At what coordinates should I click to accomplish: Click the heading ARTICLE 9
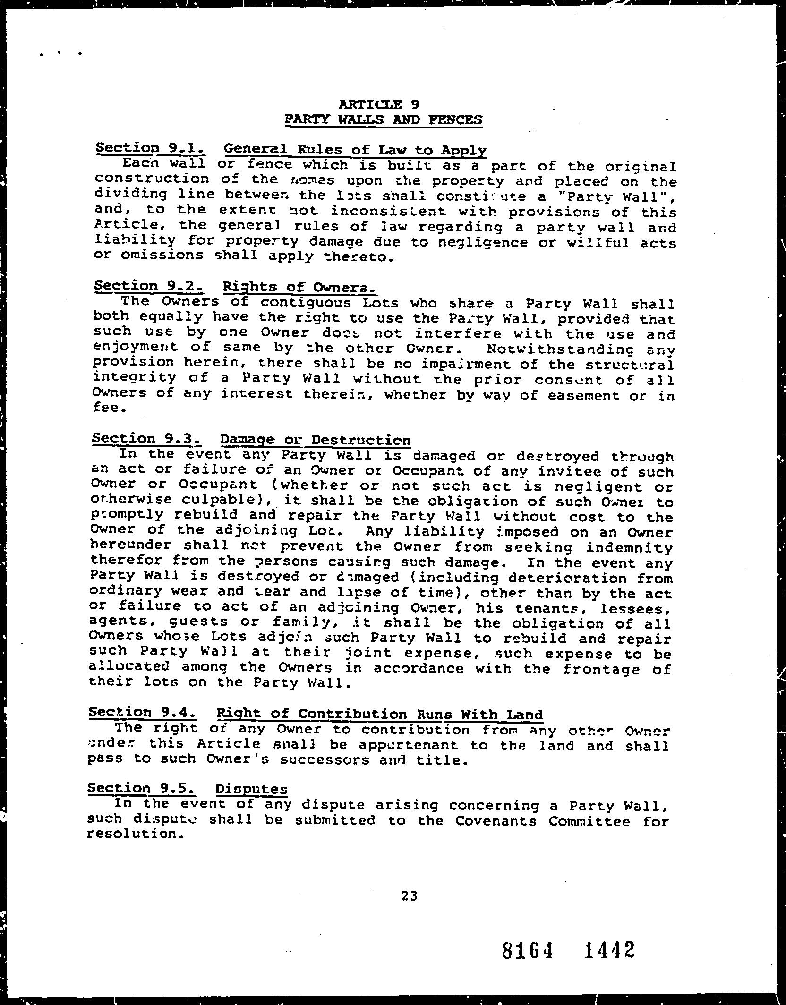tap(379, 104)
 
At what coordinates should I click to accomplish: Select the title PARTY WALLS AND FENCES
tap(384, 119)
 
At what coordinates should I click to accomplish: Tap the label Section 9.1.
tap(151, 148)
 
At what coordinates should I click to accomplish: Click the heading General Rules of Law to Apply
tap(355, 150)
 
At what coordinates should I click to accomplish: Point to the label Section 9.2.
tap(149, 286)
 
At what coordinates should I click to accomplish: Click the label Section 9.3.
tap(147, 438)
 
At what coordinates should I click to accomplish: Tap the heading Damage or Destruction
tap(315, 440)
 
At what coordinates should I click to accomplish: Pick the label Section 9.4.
tap(143, 712)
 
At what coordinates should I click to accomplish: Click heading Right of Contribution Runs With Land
tap(380, 714)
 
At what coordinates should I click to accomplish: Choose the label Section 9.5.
tap(142, 788)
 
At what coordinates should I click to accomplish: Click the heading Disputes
tap(251, 789)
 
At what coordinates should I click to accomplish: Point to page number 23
tap(409, 895)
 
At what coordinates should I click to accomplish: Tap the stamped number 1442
tap(609, 950)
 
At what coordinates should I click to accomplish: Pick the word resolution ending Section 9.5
tap(135, 834)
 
